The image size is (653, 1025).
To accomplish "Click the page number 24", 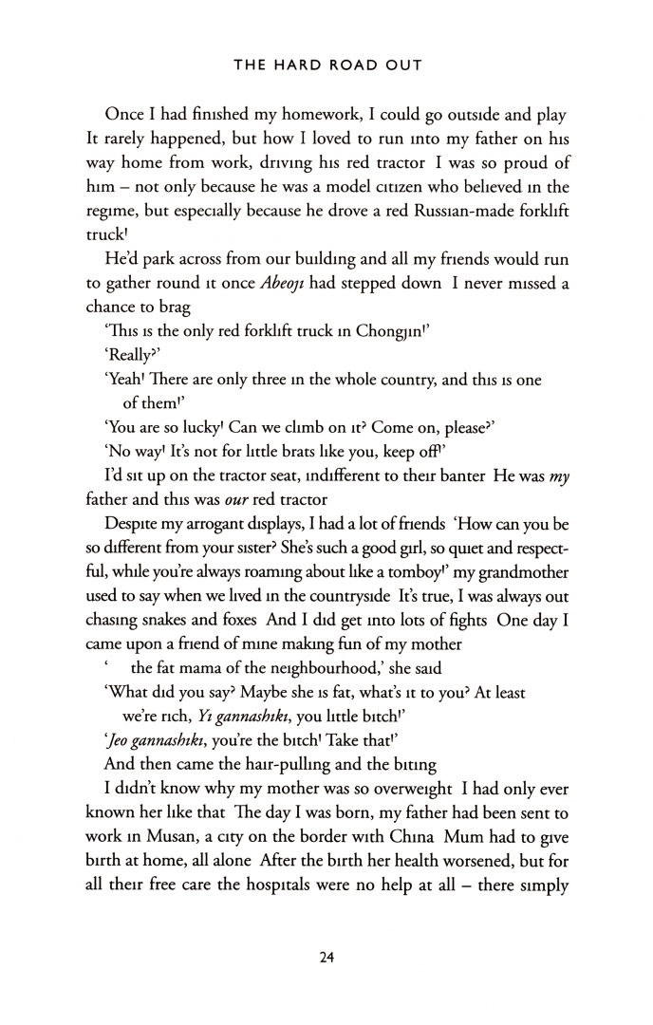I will [x=326, y=958].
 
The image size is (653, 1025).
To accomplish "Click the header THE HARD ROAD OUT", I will [x=326, y=65].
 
